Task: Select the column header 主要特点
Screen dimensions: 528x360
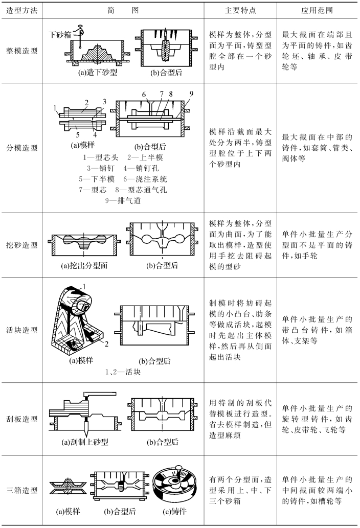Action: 240,10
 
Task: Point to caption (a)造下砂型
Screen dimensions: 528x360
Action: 97,73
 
